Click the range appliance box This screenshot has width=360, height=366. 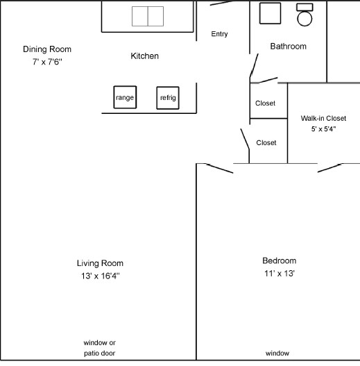[x=125, y=97]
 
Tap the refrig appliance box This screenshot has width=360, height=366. [x=168, y=98]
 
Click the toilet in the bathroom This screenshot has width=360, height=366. [x=305, y=15]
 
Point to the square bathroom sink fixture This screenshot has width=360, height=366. [x=270, y=14]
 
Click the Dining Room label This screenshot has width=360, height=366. [x=47, y=49]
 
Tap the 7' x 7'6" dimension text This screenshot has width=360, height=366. [x=47, y=62]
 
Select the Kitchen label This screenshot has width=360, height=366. [x=144, y=56]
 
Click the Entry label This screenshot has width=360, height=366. [x=219, y=34]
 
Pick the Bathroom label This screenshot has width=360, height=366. [x=288, y=47]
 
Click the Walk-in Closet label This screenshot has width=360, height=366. [x=323, y=118]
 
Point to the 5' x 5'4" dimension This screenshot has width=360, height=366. [x=323, y=128]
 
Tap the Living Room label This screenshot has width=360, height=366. [x=100, y=263]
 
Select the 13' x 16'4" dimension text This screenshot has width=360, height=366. [x=100, y=276]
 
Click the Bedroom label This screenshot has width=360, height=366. [x=279, y=260]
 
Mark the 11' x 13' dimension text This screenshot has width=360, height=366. [x=279, y=273]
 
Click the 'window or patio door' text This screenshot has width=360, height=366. [x=100, y=349]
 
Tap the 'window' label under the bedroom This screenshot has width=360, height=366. [x=277, y=353]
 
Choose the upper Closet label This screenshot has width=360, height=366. [x=265, y=103]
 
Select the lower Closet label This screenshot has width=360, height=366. [x=266, y=142]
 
